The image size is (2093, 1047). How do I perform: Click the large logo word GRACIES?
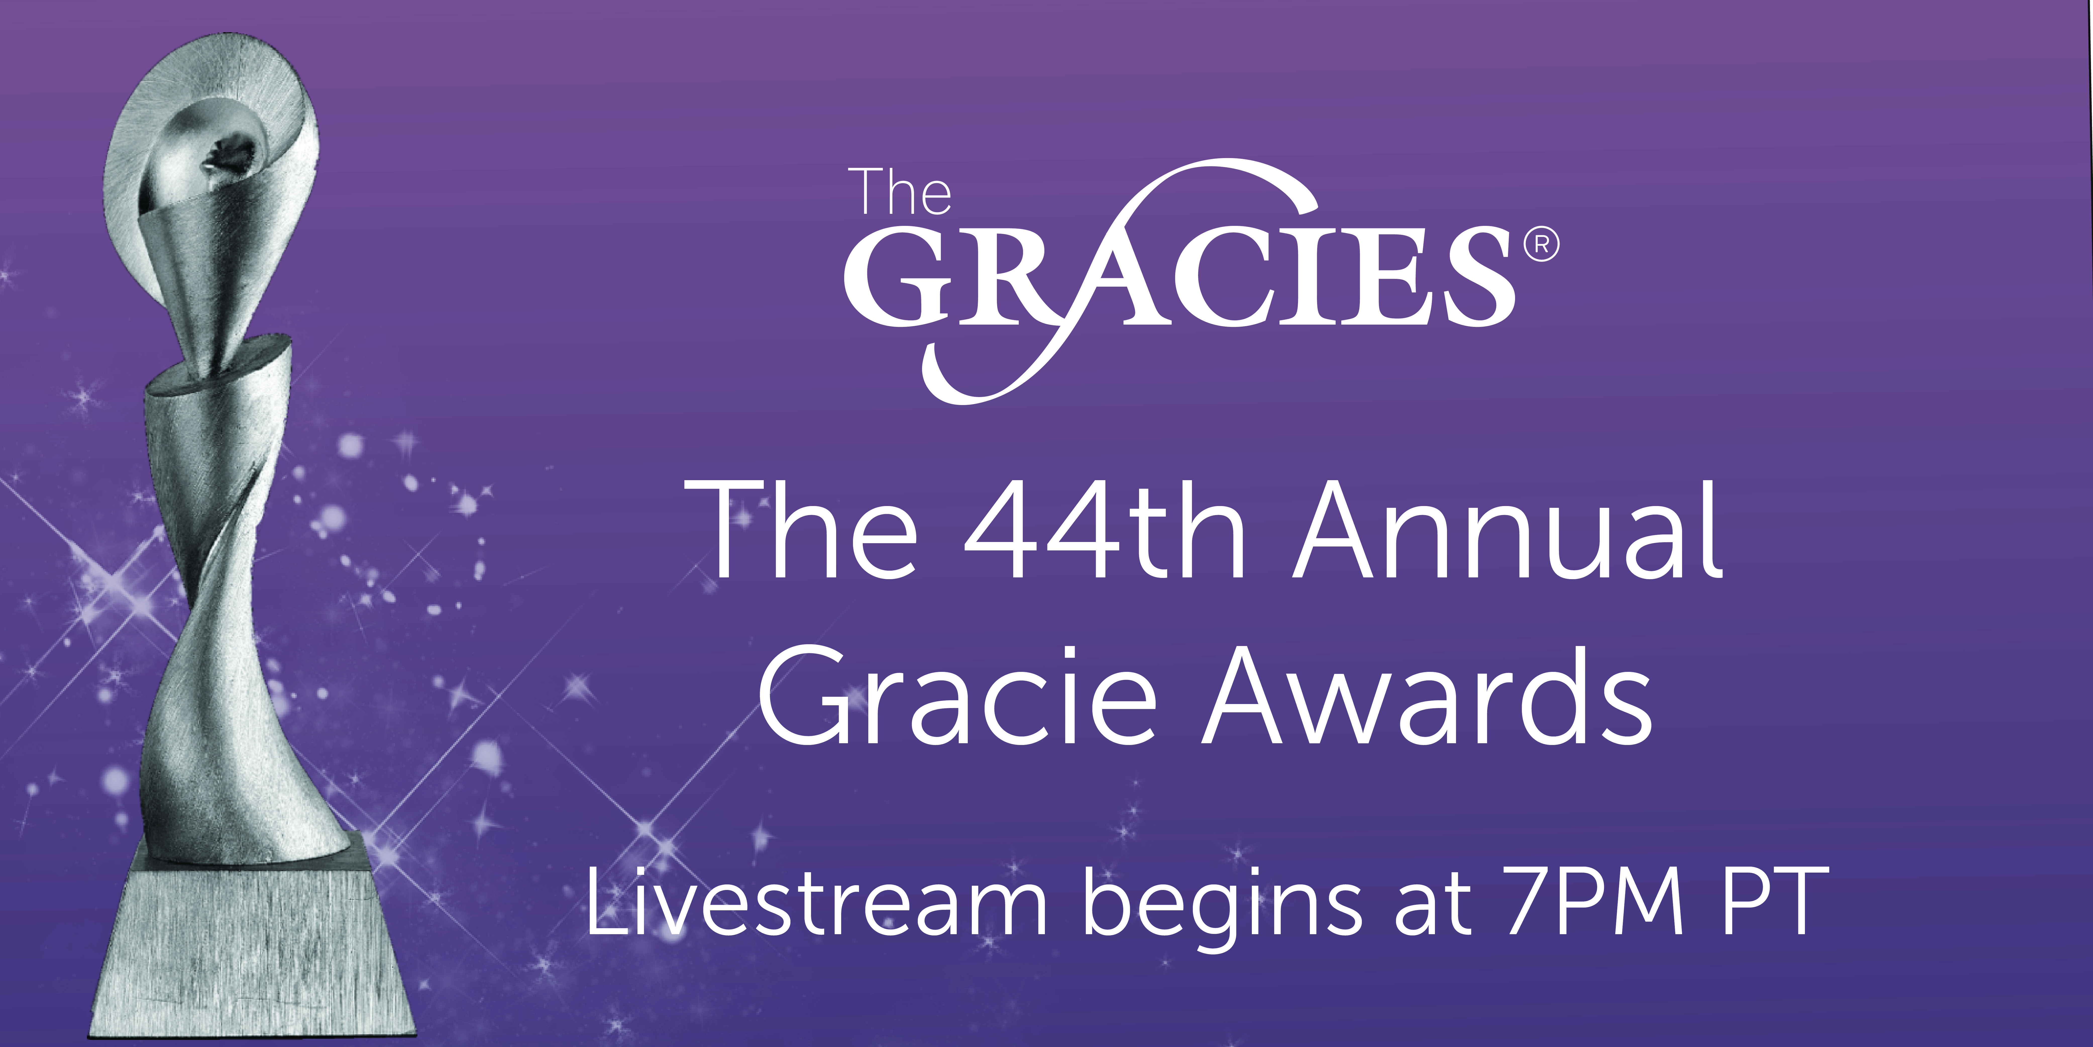1180,280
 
